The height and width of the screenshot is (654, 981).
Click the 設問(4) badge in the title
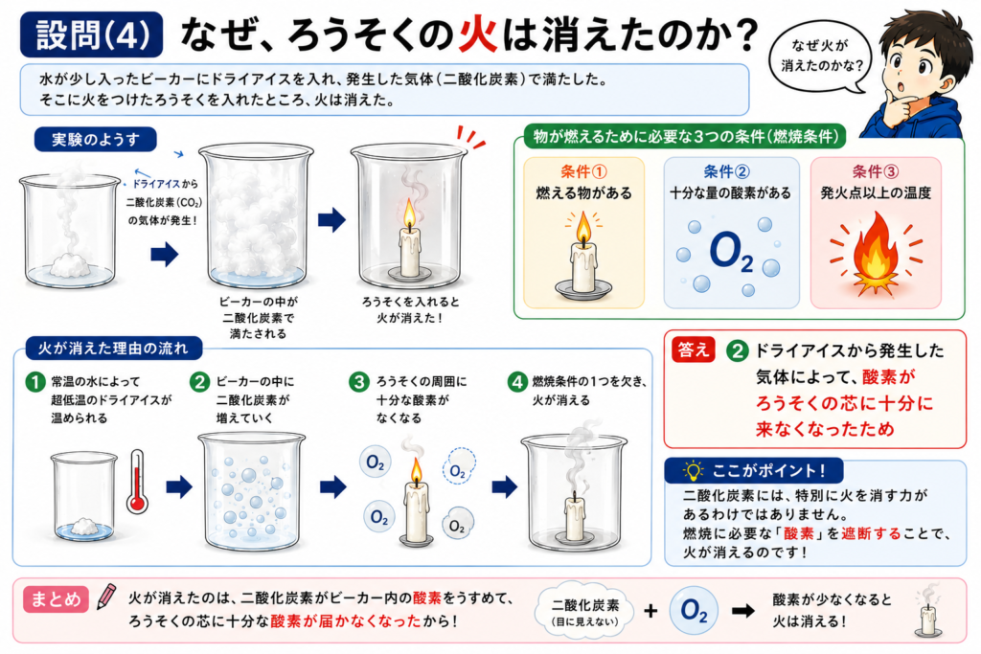tap(91, 34)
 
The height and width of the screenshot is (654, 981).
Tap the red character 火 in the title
tap(478, 34)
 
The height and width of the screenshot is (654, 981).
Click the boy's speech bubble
tap(820, 56)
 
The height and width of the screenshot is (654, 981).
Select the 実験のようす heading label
tap(95, 140)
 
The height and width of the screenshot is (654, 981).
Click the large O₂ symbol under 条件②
tap(731, 252)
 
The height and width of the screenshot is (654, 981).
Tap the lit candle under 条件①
tap(583, 257)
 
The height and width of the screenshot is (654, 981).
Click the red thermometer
tap(138, 482)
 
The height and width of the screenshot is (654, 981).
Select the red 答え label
tap(694, 350)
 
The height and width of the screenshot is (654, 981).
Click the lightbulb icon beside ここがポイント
tap(694, 470)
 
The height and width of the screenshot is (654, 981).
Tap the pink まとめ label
tap(56, 599)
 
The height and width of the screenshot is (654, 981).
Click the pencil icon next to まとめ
tap(105, 598)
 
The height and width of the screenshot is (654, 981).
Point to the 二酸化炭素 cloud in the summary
tap(584, 611)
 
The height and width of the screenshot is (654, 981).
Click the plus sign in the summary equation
tap(650, 611)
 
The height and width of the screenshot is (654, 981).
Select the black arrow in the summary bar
tap(743, 610)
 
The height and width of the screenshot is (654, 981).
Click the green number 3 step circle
tap(359, 382)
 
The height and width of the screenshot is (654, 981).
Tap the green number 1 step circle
tap(35, 382)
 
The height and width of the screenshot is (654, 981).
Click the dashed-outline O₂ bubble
tap(459, 467)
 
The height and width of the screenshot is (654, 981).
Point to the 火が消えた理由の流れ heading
tap(113, 349)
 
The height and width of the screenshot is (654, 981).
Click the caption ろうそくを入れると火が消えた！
tap(410, 309)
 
